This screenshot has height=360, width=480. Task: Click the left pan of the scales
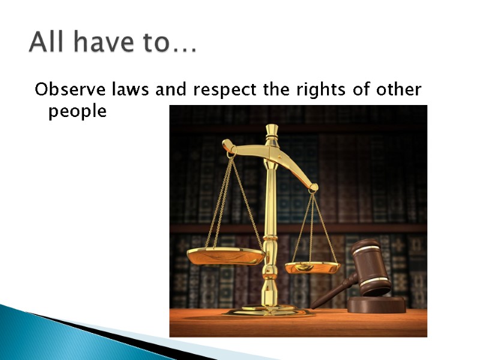click(x=226, y=256)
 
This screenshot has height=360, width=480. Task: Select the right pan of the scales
click(x=312, y=267)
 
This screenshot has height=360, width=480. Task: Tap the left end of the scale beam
click(x=229, y=146)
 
